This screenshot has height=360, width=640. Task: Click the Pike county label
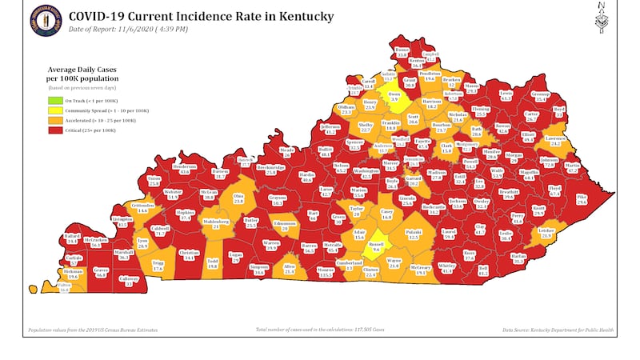(x=582, y=200)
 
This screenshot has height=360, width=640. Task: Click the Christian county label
(x=189, y=255)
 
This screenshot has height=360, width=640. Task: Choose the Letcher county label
(x=547, y=233)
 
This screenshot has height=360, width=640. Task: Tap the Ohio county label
(x=238, y=199)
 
